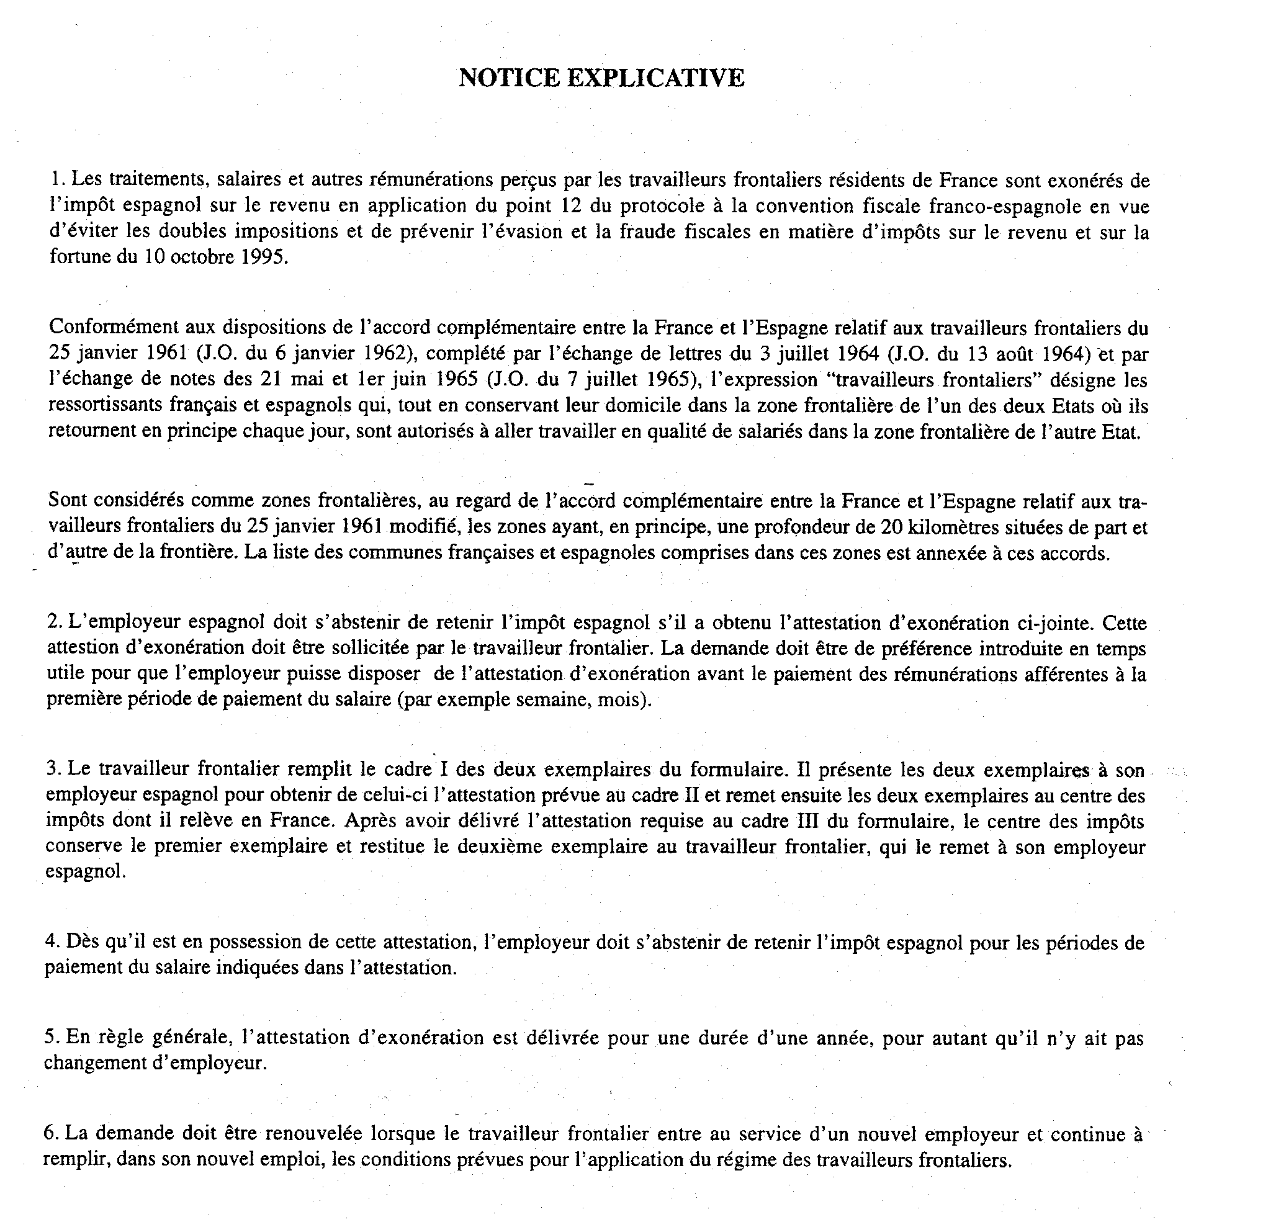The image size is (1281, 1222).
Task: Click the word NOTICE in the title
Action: point(509,78)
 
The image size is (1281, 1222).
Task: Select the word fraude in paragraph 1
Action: point(647,232)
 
